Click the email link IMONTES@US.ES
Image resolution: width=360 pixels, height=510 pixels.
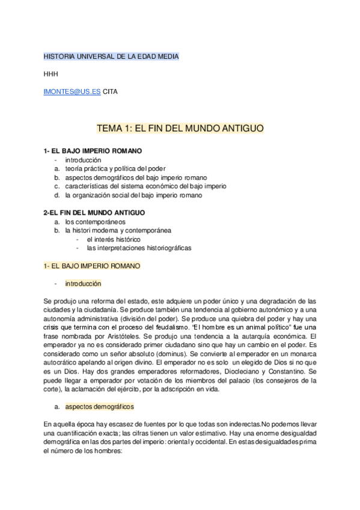click(72, 93)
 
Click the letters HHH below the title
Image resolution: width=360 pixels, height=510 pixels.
click(51, 75)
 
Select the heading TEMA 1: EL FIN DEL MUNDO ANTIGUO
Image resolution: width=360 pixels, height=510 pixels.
click(180, 129)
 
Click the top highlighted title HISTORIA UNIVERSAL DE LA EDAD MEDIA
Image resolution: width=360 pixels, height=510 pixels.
click(111, 57)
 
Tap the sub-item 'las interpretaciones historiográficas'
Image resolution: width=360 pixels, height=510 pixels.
click(139, 248)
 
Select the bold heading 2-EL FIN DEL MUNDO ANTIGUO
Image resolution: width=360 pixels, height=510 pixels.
click(94, 213)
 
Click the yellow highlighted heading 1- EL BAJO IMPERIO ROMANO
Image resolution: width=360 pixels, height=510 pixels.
click(91, 265)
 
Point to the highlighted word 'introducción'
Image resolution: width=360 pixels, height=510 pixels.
click(84, 283)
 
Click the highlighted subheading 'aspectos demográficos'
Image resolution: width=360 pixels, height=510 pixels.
click(100, 390)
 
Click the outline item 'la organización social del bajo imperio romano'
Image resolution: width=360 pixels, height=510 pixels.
click(134, 195)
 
